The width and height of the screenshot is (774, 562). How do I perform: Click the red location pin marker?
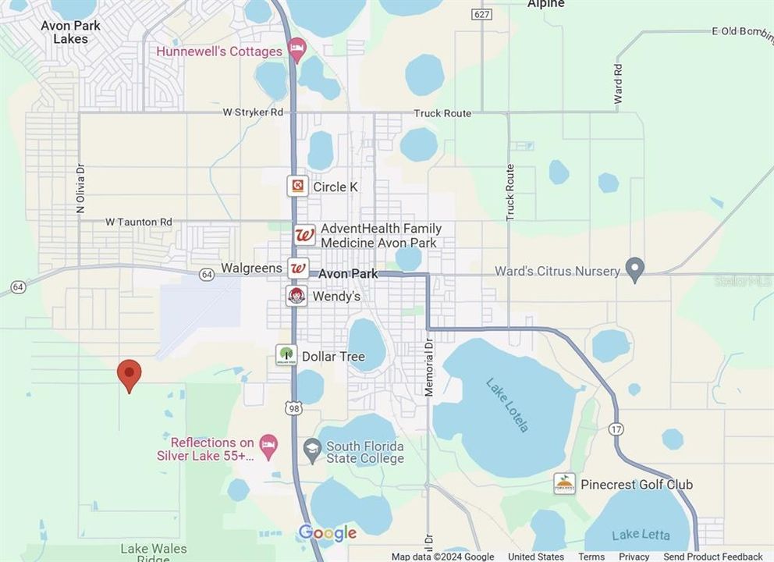pos(130,374)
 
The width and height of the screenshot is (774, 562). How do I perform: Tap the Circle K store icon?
pos(297,186)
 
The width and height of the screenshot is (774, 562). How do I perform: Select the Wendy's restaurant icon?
pos(296,296)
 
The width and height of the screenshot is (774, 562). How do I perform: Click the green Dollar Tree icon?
pos(286,356)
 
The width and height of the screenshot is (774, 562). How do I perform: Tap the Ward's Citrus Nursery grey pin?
pos(635,269)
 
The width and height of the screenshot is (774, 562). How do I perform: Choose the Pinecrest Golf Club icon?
pos(564,483)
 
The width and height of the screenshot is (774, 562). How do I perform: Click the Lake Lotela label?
pos(507,404)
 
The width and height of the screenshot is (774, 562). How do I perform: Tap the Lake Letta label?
pos(641,535)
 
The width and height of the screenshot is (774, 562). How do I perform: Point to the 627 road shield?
pos(481,15)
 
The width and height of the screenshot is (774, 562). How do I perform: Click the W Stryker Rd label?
pos(253,112)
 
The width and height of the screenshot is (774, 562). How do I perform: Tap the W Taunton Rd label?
pos(138,222)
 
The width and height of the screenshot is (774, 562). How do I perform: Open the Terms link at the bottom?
pos(591,557)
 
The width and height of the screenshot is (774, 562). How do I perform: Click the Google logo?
pos(328,534)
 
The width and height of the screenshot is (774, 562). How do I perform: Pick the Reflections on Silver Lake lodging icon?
pos(268,446)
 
